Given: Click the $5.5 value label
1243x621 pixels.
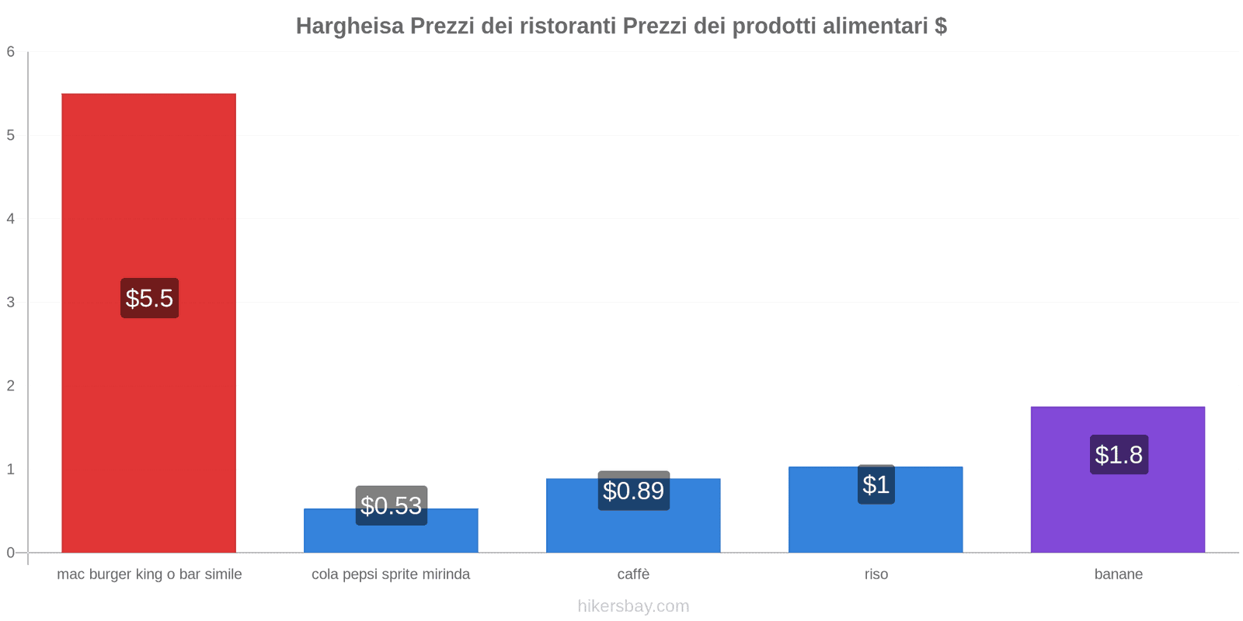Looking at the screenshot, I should pyautogui.click(x=149, y=298).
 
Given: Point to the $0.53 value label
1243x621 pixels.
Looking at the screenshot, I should pyautogui.click(x=391, y=505).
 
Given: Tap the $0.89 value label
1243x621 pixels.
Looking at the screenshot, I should pyautogui.click(x=633, y=491).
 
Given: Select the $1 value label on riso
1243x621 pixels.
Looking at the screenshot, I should pyautogui.click(x=876, y=484).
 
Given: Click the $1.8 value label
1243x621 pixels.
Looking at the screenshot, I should pyautogui.click(x=1118, y=454).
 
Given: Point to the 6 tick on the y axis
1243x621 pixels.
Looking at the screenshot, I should pyautogui.click(x=11, y=52).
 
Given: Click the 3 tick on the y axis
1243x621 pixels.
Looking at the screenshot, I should pyautogui.click(x=11, y=302).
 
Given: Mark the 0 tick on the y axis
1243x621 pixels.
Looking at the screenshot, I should pyautogui.click(x=11, y=553).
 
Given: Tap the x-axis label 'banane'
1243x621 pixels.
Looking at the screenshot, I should pyautogui.click(x=1118, y=574).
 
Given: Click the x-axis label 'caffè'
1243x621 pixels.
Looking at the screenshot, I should pyautogui.click(x=633, y=574).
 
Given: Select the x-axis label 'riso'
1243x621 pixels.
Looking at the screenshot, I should pyautogui.click(x=876, y=574).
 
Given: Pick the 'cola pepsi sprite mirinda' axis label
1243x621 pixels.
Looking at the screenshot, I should pyautogui.click(x=391, y=574).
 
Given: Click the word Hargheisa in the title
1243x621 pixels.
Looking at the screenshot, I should pyautogui.click(x=350, y=26).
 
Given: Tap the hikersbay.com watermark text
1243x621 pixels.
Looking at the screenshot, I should pyautogui.click(x=633, y=606).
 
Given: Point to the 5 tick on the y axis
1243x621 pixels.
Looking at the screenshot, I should pyautogui.click(x=11, y=135).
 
